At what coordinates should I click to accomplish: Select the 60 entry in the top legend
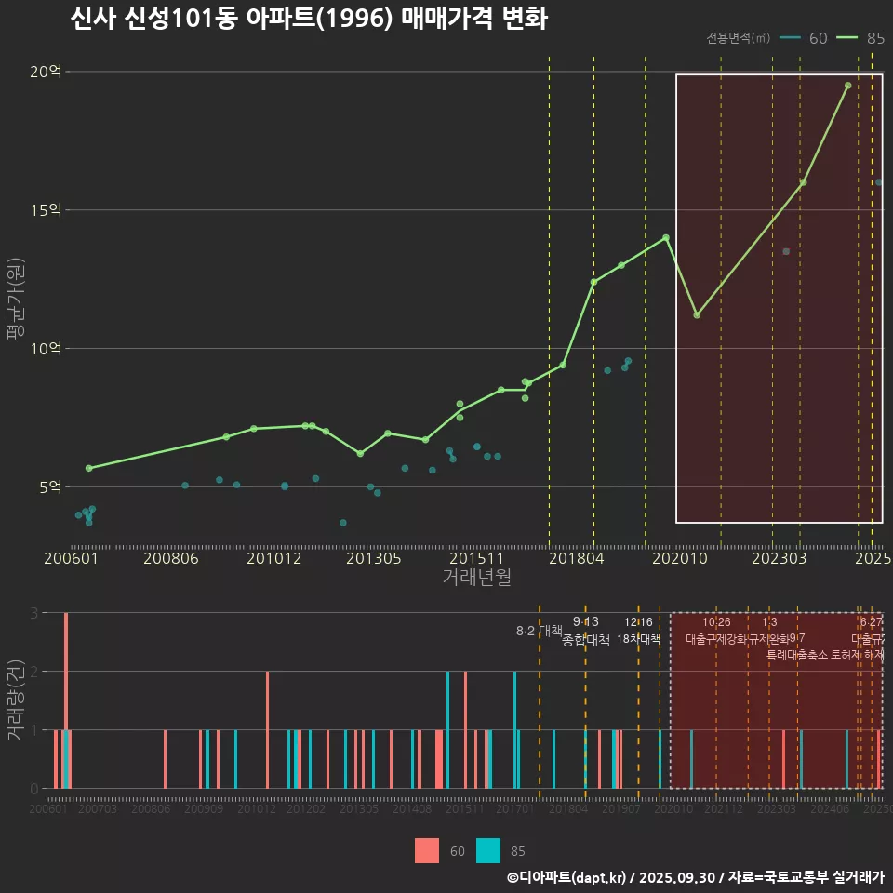coord(805,38)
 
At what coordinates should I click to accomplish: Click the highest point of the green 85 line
coord(847,86)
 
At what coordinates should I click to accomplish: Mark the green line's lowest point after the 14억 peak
coord(697,314)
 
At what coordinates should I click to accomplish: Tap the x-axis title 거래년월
coord(476,578)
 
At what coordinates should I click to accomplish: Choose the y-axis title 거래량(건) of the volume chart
coord(15,700)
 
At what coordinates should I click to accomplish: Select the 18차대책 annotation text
coord(638,639)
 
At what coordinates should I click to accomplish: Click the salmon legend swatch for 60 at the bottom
coord(427,850)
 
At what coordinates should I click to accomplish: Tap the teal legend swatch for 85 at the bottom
coord(488,850)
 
